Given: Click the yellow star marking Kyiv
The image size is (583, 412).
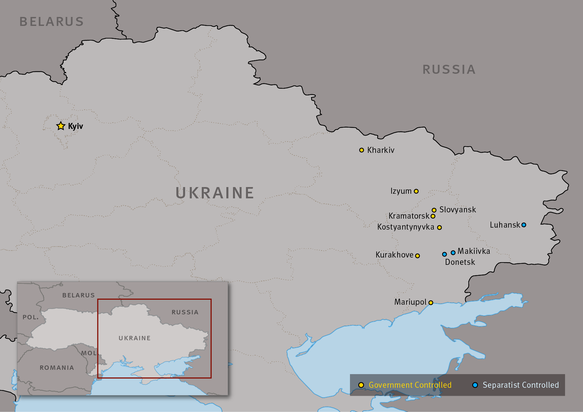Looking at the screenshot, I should click(60, 126).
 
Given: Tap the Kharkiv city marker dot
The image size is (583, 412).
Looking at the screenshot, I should click(362, 150).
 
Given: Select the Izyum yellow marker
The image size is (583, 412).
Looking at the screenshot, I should click(416, 191).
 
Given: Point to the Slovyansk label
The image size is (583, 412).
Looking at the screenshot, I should click(458, 210).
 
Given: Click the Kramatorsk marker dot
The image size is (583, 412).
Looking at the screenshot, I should click(433, 216).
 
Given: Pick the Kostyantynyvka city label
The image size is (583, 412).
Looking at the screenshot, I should click(406, 227).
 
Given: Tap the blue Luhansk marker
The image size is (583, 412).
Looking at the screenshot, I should click(524, 225).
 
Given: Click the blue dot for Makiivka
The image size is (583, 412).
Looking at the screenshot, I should click(453, 253).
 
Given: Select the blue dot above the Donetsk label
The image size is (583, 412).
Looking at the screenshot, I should click(444, 254).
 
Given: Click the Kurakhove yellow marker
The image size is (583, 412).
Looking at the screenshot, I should click(417, 256).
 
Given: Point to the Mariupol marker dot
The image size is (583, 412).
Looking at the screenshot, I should click(431, 303).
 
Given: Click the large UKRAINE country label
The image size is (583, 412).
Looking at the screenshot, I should click(215, 193).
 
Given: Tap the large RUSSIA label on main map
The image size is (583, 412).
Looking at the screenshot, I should click(449, 70).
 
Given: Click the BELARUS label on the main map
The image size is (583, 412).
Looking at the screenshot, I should click(52, 22).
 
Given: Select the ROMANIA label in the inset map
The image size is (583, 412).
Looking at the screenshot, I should click(57, 368).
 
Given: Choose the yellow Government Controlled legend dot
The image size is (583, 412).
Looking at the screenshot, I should click(361, 385).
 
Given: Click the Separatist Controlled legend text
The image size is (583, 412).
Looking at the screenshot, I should click(521, 385).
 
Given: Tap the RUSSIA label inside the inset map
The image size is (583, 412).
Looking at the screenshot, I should click(185, 312).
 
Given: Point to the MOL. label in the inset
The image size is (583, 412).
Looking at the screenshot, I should click(89, 353).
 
